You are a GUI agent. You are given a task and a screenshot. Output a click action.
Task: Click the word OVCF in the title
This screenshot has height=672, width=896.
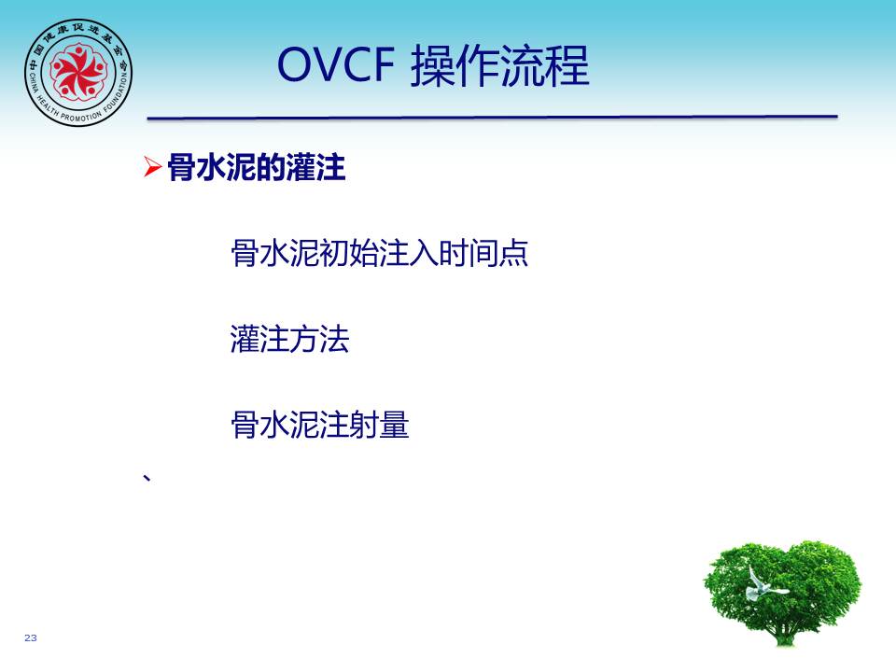(x=336, y=64)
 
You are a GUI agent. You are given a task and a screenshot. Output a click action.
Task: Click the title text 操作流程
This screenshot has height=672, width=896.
(x=500, y=65)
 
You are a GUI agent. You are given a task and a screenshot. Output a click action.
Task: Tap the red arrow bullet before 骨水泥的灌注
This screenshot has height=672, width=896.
(x=152, y=167)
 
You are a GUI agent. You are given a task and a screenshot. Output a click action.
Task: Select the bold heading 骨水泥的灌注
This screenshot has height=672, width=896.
(x=257, y=167)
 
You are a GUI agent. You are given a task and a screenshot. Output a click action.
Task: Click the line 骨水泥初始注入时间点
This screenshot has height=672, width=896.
(x=380, y=253)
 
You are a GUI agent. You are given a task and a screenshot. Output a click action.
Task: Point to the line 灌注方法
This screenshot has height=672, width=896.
(x=289, y=339)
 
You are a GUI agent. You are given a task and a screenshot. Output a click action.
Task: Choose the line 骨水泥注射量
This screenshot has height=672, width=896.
(x=320, y=425)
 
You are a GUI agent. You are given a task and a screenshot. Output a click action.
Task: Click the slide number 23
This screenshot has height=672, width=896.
(x=30, y=637)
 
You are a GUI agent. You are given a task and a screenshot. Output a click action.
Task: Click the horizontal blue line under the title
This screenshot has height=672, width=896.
(x=492, y=118)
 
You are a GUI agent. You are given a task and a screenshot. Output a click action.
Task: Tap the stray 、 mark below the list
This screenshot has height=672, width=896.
(x=147, y=478)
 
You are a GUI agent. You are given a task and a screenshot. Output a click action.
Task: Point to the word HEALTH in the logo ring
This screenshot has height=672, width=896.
(x=47, y=106)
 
